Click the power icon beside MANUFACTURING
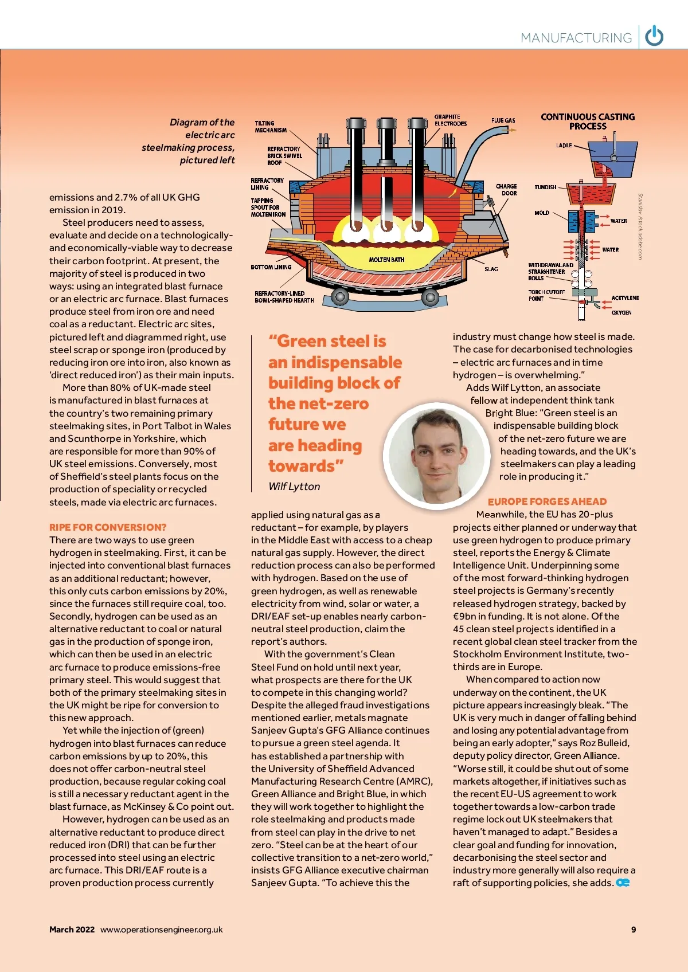(x=654, y=37)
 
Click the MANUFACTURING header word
(x=576, y=38)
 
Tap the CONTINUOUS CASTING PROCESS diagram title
(x=588, y=121)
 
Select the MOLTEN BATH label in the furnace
(x=386, y=260)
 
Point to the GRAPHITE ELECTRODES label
(x=450, y=120)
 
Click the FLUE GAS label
(x=503, y=120)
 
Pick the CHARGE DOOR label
(x=506, y=190)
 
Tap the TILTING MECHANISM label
(x=271, y=127)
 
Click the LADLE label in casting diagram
(x=564, y=146)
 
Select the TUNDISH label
(x=545, y=187)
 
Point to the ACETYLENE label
(x=625, y=298)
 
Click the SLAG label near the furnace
(x=491, y=269)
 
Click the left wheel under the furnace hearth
(x=339, y=297)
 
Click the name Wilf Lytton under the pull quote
(x=294, y=487)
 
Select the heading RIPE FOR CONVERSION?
(x=108, y=527)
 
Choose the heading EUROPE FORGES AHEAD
(x=547, y=501)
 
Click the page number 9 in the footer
(x=634, y=930)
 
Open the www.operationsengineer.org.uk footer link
(x=162, y=930)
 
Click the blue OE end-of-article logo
(x=623, y=883)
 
